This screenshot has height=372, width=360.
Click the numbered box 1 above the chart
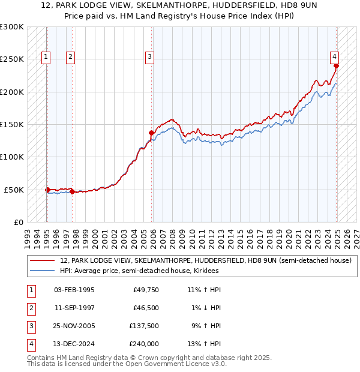pos(46,57)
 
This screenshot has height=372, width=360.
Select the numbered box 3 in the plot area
pos(149,57)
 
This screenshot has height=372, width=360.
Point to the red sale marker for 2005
pos(151,133)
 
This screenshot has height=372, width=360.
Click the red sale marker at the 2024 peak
pos(337,66)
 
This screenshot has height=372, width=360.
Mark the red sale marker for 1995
pos(47,190)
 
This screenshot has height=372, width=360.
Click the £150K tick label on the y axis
pos(12,124)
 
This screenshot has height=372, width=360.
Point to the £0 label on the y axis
pos(18,222)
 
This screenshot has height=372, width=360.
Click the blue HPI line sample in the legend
pos(43,271)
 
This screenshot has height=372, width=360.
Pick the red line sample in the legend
pos(43,260)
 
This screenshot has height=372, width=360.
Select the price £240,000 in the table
pos(144,344)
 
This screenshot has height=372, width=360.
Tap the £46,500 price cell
pos(146,308)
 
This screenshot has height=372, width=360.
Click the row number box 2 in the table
pos(30,308)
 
